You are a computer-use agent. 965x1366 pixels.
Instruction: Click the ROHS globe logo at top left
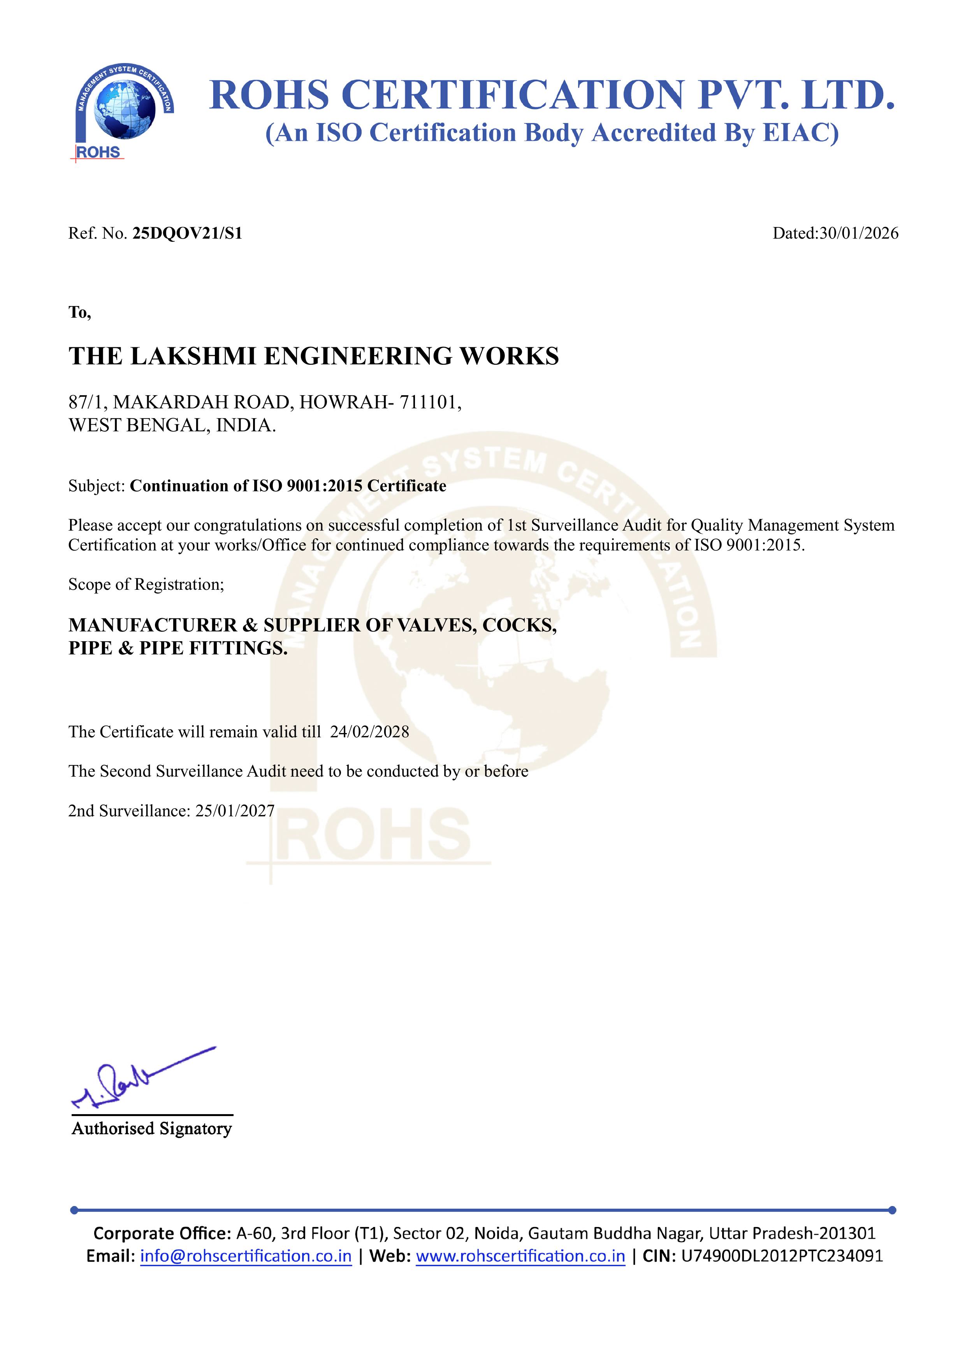pos(124,111)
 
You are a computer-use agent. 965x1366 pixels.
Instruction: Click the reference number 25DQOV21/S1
pos(187,233)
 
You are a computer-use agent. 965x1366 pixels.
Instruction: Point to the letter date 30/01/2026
pos(858,233)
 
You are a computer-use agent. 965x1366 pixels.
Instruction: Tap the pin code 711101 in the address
pos(428,403)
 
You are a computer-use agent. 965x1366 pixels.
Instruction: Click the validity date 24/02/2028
pos(369,732)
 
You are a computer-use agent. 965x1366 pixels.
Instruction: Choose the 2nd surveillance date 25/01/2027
pos(235,811)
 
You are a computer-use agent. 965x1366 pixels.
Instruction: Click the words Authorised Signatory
pos(152,1129)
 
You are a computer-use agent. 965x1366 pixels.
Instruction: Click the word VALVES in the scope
pos(436,625)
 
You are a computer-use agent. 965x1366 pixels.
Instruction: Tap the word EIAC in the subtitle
pos(800,133)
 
